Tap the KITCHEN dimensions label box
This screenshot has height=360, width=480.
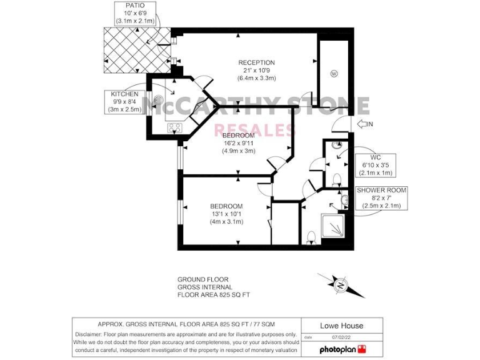click(x=124, y=102)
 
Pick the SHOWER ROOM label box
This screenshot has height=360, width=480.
click(x=381, y=197)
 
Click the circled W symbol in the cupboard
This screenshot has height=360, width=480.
click(x=334, y=74)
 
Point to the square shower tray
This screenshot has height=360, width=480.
click(x=334, y=223)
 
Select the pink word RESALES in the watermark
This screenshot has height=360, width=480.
click(x=254, y=130)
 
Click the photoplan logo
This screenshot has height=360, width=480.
click(x=342, y=349)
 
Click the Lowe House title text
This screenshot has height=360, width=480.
click(x=341, y=326)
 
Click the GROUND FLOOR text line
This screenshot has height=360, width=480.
click(x=202, y=279)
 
